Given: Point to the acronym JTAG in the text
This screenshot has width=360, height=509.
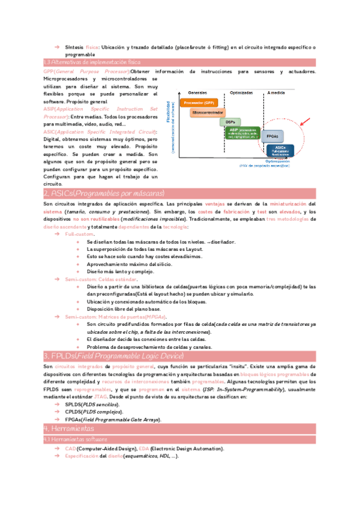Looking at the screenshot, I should coord(101,397).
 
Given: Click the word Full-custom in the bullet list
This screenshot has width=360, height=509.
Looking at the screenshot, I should coord(79,234).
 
